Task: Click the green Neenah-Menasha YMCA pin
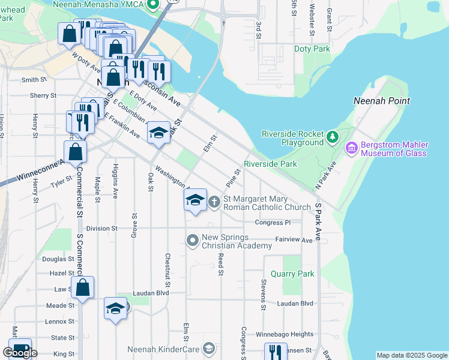(152, 5)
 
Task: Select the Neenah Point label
(382, 101)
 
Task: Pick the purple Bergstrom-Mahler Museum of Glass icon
(351, 147)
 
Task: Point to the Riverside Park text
(270, 164)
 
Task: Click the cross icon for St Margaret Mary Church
(215, 201)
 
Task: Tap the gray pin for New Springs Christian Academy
(193, 241)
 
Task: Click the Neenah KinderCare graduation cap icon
(208, 348)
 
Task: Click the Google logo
(20, 353)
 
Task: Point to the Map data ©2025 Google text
(412, 355)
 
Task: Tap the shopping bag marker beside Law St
(83, 289)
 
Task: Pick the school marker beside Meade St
(115, 309)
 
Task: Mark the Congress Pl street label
(272, 223)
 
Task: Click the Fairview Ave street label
(294, 239)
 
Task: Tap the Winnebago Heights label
(286, 334)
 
